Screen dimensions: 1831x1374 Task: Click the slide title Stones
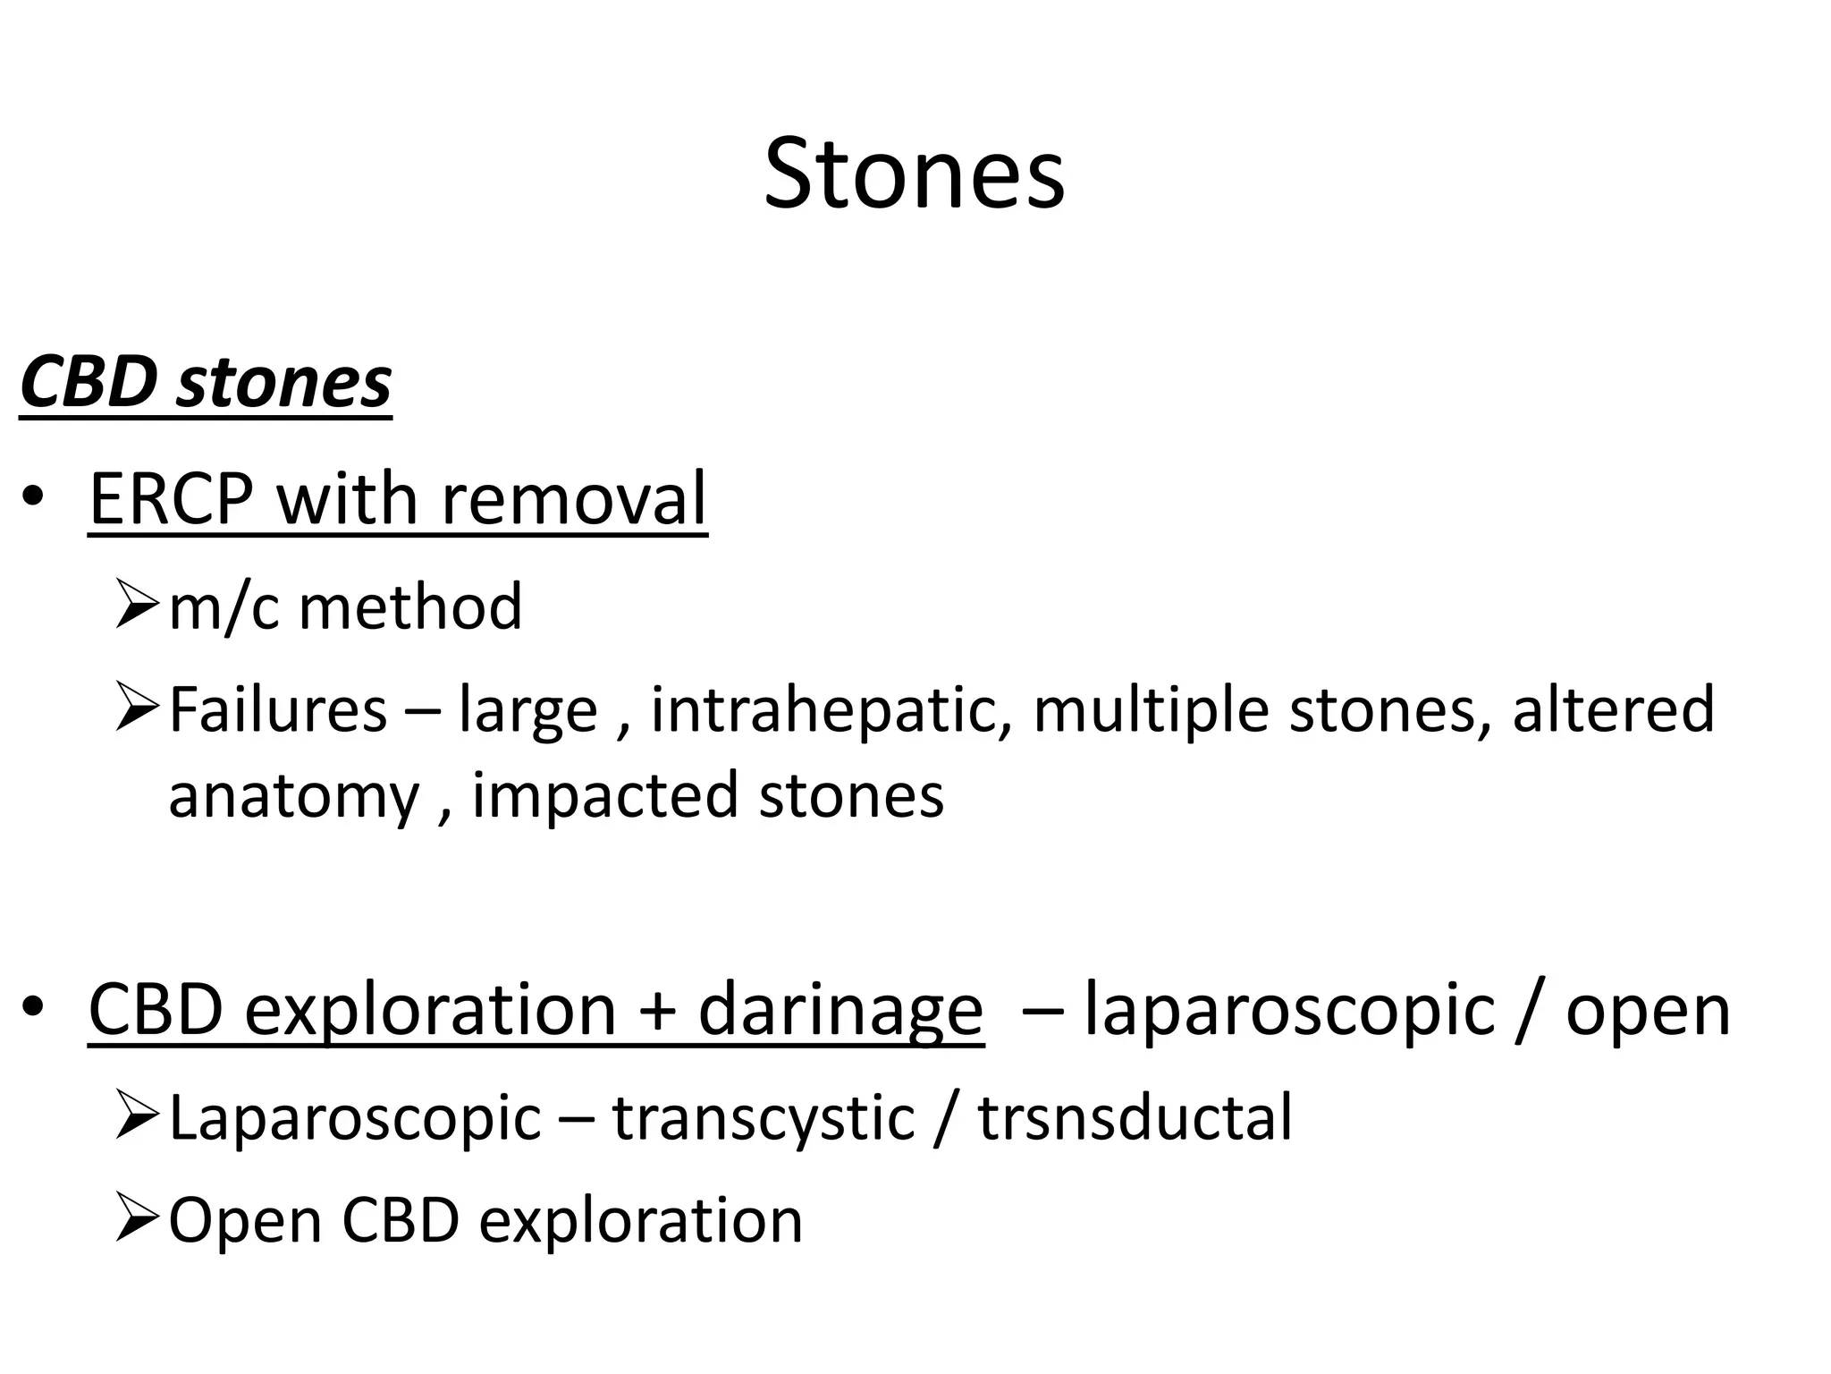click(914, 174)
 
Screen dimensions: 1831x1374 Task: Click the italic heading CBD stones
click(206, 383)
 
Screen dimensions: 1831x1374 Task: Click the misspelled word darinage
click(840, 1010)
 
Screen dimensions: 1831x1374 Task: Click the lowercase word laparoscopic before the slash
click(1288, 1012)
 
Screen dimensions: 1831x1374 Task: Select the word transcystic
click(764, 1118)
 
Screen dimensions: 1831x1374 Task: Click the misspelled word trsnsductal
click(1135, 1118)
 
